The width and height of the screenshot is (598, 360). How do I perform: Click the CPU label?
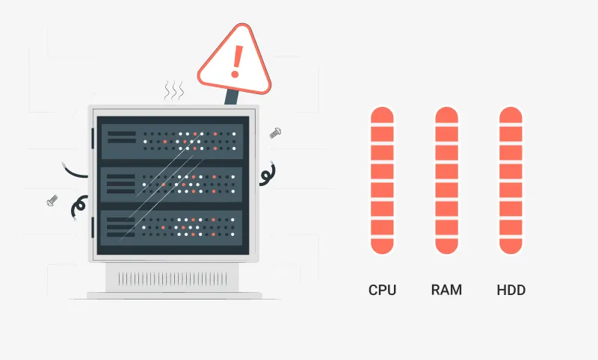[382, 290]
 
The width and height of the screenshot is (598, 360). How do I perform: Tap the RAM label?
[446, 290]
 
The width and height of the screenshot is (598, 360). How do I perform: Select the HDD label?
[511, 290]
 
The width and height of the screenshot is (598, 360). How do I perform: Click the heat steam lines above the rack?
[174, 91]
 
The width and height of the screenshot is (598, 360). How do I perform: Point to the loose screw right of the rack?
[274, 133]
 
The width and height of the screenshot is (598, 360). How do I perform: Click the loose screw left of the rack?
[52, 200]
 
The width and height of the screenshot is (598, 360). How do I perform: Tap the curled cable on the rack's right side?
[267, 175]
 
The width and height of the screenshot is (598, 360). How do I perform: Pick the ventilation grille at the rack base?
[174, 279]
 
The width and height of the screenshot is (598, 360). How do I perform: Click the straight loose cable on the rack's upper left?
[76, 172]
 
